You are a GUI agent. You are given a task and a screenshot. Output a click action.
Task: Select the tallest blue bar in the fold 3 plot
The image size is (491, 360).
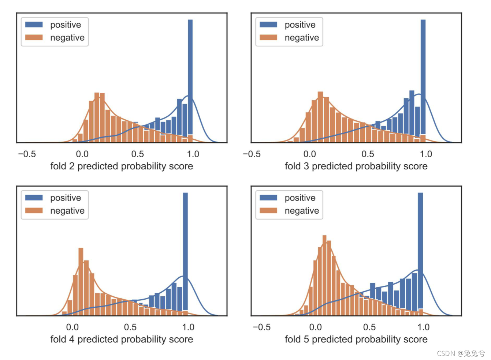click(x=423, y=77)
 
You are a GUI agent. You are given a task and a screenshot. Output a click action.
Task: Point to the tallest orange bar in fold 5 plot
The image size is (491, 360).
click(x=324, y=274)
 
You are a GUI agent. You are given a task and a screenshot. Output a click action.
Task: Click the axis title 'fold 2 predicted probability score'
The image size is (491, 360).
click(x=122, y=166)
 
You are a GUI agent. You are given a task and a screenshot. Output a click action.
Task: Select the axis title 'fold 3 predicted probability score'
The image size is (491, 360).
click(x=356, y=166)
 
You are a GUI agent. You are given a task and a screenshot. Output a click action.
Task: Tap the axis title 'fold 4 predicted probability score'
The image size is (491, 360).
click(x=122, y=340)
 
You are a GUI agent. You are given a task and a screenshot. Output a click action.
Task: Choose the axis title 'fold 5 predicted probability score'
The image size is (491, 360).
click(x=356, y=340)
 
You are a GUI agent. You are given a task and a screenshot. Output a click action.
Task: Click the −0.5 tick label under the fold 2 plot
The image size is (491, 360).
click(x=27, y=154)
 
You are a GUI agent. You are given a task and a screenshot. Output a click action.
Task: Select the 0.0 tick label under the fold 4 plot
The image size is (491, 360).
click(x=72, y=327)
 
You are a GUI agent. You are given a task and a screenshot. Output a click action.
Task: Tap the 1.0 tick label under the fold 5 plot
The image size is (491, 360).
click(x=423, y=327)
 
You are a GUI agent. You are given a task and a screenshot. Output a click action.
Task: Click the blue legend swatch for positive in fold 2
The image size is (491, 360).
click(x=34, y=25)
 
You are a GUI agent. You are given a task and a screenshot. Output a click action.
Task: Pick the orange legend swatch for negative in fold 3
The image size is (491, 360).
click(x=268, y=37)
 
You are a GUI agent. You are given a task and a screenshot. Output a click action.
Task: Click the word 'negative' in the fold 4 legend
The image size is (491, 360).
click(x=67, y=211)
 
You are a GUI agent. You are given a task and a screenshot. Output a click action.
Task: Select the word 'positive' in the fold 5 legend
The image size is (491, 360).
click(x=300, y=198)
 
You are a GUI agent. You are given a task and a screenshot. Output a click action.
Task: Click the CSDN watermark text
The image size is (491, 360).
click(x=461, y=353)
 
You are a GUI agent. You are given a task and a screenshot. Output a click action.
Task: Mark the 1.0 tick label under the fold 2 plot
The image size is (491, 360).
click(x=193, y=154)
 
